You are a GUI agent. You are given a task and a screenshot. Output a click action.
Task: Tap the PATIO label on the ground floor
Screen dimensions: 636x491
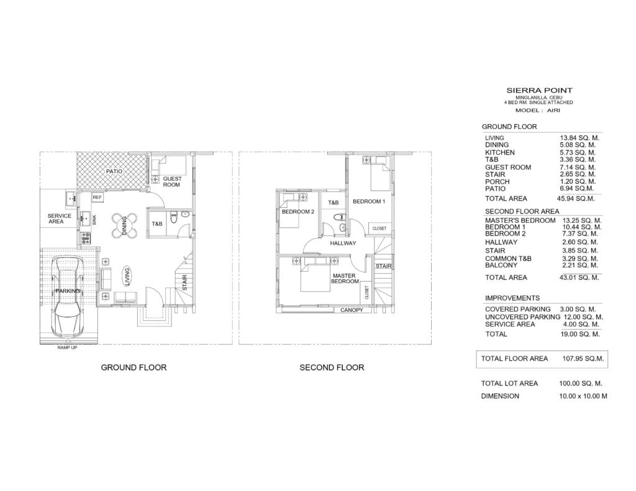click(114, 171)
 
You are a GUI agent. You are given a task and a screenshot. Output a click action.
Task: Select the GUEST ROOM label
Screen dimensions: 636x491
click(172, 182)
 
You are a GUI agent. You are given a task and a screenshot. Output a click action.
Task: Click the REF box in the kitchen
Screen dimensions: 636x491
click(98, 197)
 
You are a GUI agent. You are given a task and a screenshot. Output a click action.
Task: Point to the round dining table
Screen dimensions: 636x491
click(124, 225)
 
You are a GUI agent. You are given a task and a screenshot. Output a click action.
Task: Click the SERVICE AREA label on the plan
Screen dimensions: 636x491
click(59, 218)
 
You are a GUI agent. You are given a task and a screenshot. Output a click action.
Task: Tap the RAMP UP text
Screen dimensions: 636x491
click(67, 348)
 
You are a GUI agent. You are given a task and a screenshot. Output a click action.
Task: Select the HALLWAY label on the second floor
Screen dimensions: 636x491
click(343, 243)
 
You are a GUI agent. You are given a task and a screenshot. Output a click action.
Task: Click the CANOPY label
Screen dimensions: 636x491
click(352, 310)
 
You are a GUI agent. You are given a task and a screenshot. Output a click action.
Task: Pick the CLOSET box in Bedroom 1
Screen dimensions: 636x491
click(379, 228)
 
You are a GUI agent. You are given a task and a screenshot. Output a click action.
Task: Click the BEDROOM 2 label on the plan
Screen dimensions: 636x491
click(298, 212)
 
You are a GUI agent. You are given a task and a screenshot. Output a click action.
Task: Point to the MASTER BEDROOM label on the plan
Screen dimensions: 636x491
click(345, 279)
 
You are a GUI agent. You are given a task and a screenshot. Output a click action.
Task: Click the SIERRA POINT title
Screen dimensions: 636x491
click(539, 91)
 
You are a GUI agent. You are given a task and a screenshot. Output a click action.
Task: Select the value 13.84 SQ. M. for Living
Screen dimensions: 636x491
click(579, 138)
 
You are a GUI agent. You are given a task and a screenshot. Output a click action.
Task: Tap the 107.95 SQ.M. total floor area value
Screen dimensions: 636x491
click(583, 358)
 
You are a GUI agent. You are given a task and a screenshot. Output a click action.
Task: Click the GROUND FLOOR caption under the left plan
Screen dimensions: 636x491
click(134, 367)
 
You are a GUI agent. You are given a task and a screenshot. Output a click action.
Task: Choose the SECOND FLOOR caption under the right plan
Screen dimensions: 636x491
click(332, 367)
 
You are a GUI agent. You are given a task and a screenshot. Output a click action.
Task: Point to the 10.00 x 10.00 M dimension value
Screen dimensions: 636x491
click(583, 396)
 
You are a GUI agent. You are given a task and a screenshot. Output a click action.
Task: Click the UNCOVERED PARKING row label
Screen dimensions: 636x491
click(522, 317)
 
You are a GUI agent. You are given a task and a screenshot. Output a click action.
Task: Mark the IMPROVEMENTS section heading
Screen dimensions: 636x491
click(512, 298)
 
